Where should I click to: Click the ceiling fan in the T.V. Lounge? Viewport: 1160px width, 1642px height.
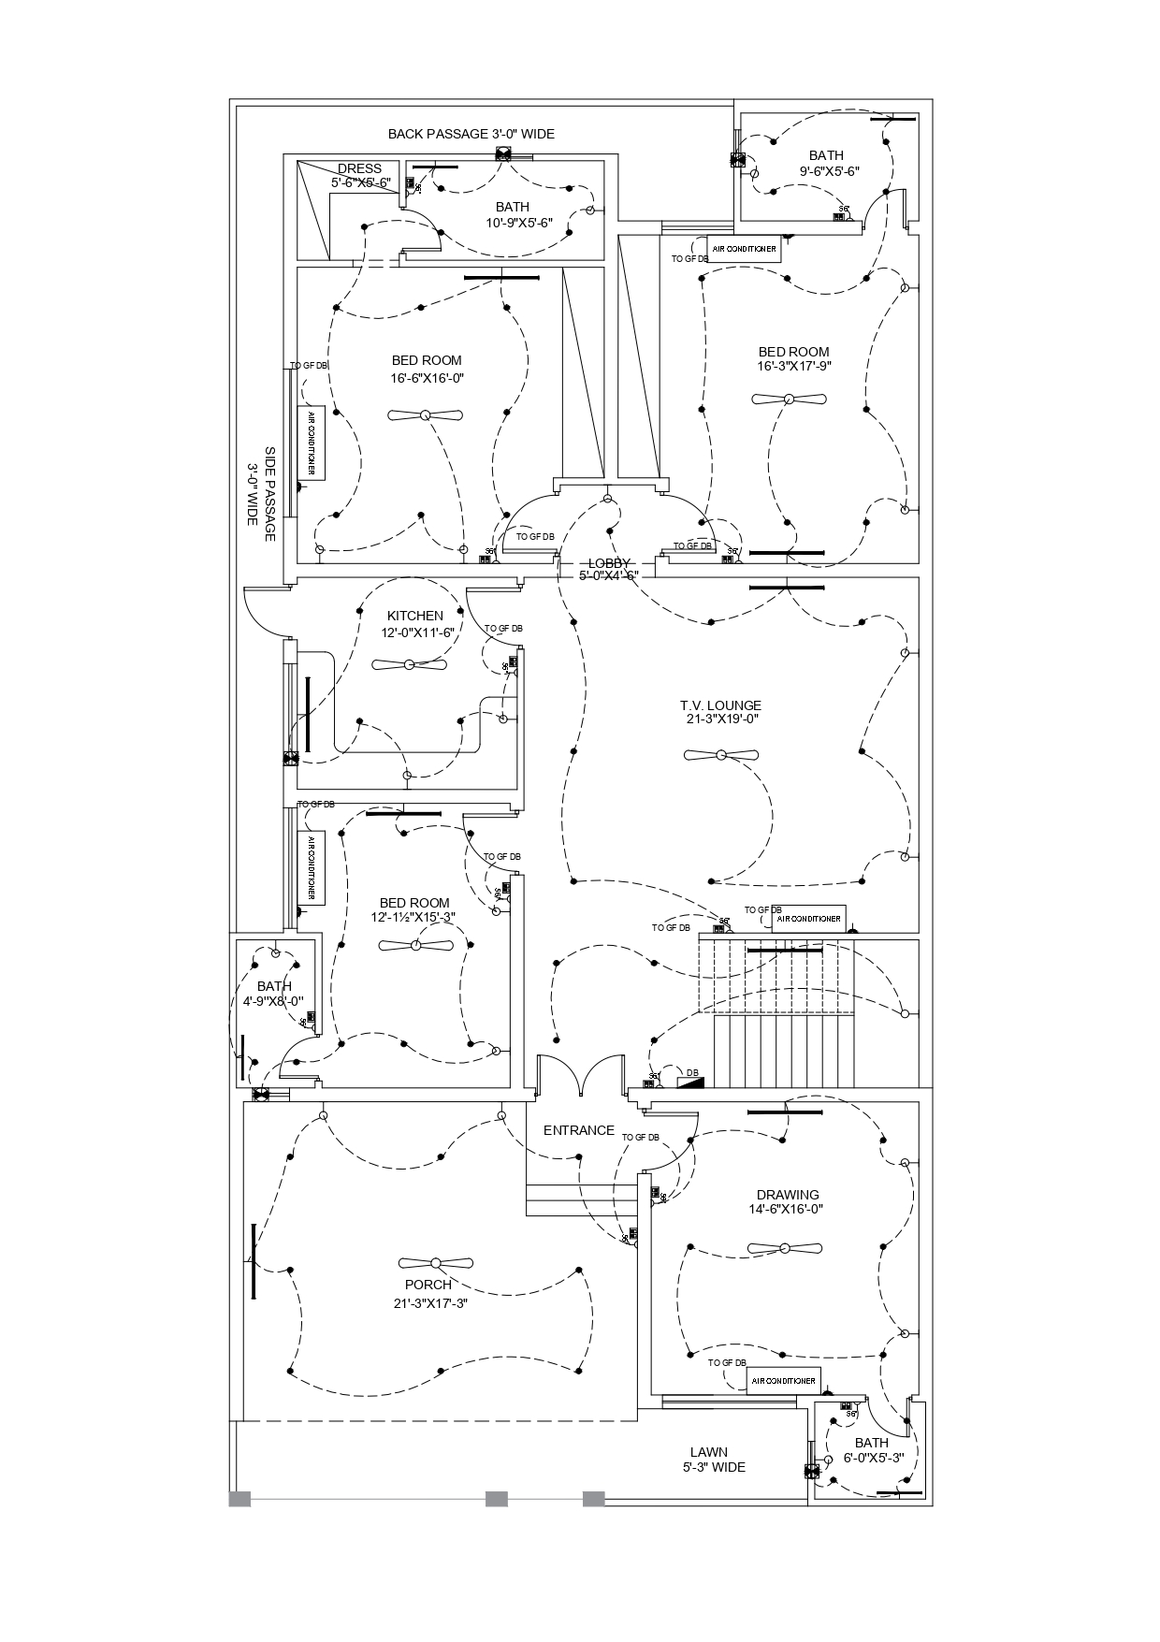[x=720, y=755]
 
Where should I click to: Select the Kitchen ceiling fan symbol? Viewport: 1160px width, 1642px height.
[x=409, y=665]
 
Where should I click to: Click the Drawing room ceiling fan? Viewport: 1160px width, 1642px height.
[x=785, y=1248]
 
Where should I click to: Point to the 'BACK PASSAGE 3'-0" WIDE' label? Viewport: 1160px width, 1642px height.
[x=471, y=134]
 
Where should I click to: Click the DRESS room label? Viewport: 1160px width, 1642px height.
[x=359, y=169]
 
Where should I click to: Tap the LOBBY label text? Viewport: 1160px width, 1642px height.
[x=608, y=563]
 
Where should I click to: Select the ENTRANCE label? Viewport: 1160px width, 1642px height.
[x=579, y=1130]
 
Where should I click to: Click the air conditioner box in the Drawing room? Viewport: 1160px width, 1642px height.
[x=784, y=1381]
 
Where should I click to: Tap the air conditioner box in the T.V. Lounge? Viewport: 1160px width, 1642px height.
[x=809, y=919]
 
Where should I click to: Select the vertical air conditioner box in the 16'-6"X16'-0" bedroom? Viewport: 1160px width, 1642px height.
[x=312, y=443]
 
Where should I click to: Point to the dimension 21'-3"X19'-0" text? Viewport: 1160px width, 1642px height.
[x=720, y=719]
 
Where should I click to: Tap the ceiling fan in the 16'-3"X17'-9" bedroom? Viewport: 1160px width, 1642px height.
[x=789, y=400]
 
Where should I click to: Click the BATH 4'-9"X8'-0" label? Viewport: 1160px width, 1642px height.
[x=273, y=994]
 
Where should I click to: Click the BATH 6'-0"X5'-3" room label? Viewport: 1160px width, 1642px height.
[x=872, y=1450]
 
